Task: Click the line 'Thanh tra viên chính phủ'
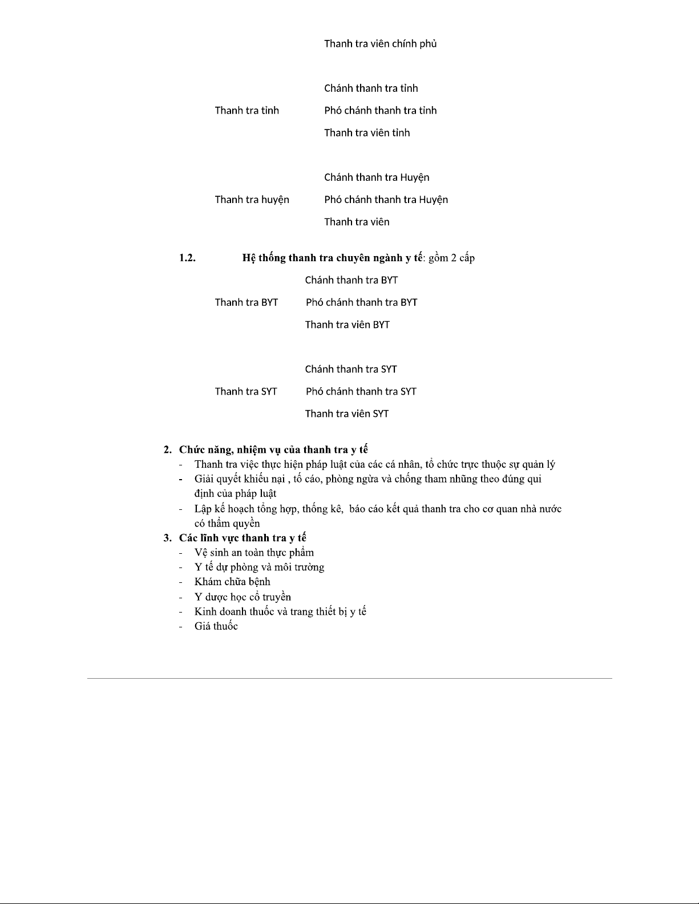click(380, 44)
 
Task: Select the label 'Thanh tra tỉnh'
click(247, 111)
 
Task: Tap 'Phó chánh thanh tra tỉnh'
click(380, 111)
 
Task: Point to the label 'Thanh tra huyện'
click(252, 200)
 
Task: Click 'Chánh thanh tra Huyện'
click(377, 177)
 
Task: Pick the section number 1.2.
click(187, 258)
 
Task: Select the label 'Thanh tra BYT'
click(246, 302)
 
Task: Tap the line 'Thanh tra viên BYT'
click(347, 325)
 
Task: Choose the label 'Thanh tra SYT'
click(245, 391)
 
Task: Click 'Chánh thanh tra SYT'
click(350, 369)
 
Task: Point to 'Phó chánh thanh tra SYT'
click(361, 391)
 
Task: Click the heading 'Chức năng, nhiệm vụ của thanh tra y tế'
click(273, 450)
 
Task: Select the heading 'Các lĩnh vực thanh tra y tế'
click(243, 538)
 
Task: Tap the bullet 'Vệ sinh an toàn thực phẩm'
click(254, 553)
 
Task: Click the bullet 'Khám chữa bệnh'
click(232, 582)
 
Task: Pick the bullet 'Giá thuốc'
click(216, 626)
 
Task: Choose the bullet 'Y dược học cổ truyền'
click(243, 597)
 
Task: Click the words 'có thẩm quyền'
click(227, 524)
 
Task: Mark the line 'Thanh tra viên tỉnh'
click(367, 133)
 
